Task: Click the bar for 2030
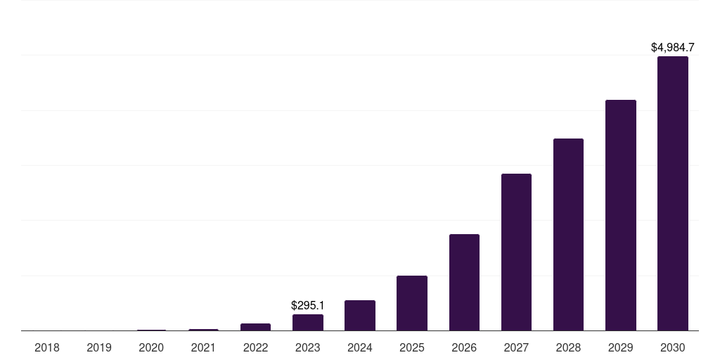pos(672,193)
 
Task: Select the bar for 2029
pos(620,215)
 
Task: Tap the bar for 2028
pos(568,234)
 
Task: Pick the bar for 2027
pos(516,252)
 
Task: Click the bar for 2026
pos(464,282)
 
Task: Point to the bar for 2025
pos(412,303)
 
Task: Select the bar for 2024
pos(360,315)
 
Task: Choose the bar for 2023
pos(308,322)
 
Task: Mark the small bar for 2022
pos(255,327)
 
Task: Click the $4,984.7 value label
pos(672,48)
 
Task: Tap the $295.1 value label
pos(308,306)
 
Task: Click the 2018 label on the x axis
pos(47,347)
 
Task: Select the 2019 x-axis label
pos(99,347)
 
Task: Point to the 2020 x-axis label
pos(151,347)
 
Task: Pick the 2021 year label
pos(203,347)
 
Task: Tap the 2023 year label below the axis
pos(308,347)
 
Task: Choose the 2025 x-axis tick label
pos(412,347)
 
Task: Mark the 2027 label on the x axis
pos(516,347)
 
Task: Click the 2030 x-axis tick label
pos(672,347)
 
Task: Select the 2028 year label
pos(568,347)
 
